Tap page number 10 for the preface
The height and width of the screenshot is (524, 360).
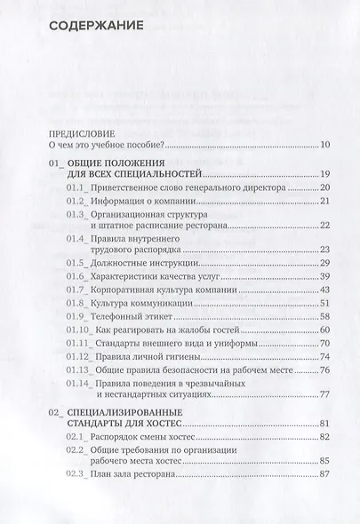pyautogui.click(x=324, y=146)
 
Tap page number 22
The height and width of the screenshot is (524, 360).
pyautogui.click(x=324, y=226)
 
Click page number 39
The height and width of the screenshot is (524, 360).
pyautogui.click(x=324, y=278)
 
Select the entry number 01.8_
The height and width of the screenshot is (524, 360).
pyautogui.click(x=80, y=305)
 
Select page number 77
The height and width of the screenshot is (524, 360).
pyautogui.click(x=324, y=395)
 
